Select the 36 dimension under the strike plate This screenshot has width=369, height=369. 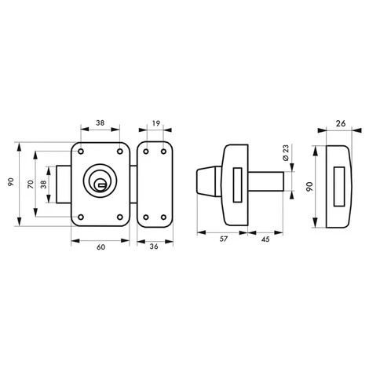tap(155, 247)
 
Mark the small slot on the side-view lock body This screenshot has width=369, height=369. tap(236, 180)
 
